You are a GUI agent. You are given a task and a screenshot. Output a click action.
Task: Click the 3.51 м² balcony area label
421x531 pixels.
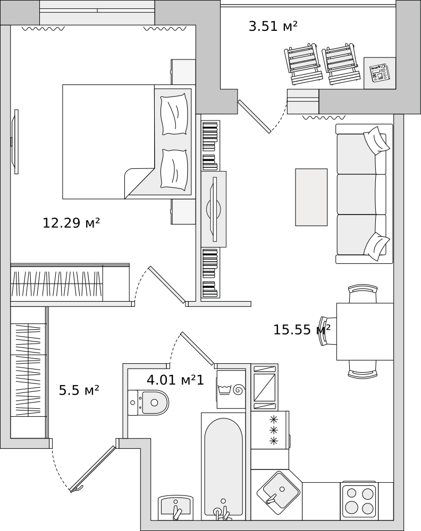[273, 26]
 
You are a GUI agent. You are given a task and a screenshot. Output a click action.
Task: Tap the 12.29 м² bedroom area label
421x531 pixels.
[71, 223]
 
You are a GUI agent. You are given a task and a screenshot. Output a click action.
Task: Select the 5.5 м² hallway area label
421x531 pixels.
[79, 390]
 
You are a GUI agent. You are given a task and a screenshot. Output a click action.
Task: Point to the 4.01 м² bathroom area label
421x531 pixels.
[172, 380]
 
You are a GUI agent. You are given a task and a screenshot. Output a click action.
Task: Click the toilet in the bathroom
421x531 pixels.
[148, 402]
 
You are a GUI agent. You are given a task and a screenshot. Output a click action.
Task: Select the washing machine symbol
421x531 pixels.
[231, 389]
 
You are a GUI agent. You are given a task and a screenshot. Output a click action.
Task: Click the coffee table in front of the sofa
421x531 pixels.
[311, 197]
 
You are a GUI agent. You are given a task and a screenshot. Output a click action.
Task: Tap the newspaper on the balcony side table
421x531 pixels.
[380, 73]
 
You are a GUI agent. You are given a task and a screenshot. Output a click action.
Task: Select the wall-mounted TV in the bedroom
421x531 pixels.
[15, 142]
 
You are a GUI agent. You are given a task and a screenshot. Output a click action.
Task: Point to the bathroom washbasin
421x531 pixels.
[175, 508]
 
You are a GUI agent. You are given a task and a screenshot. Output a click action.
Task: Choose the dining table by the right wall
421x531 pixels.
[365, 331]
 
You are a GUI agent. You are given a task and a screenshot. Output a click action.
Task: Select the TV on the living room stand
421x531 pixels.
[214, 209]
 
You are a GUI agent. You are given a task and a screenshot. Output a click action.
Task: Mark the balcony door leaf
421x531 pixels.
[254, 116]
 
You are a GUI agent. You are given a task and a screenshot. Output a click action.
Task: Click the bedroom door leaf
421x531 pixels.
[167, 285]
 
